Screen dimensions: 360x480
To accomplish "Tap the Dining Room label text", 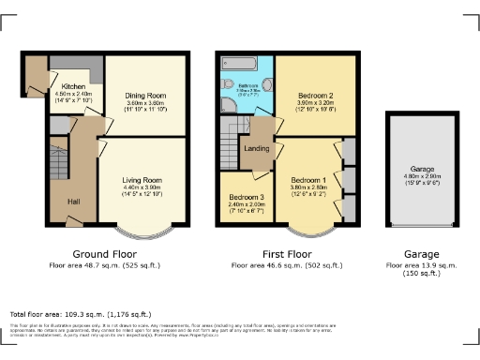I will pos(144,95).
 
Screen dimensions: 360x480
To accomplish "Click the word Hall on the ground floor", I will pos(72,201).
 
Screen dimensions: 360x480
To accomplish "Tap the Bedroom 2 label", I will pos(314,96).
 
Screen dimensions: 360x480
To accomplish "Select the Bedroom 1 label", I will pos(307,179).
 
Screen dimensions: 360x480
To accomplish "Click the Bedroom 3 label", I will pos(246,198).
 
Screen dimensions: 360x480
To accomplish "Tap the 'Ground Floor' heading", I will pos(104,254).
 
